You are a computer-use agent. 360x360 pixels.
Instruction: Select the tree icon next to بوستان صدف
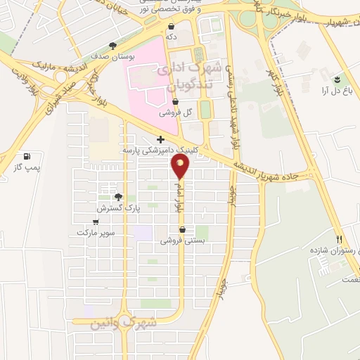113,46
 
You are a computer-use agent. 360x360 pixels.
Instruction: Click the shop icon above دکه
172,26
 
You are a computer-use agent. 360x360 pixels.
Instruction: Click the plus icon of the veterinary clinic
161,139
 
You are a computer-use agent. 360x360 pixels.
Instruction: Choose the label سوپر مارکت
96,232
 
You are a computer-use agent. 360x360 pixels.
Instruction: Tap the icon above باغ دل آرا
339,78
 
